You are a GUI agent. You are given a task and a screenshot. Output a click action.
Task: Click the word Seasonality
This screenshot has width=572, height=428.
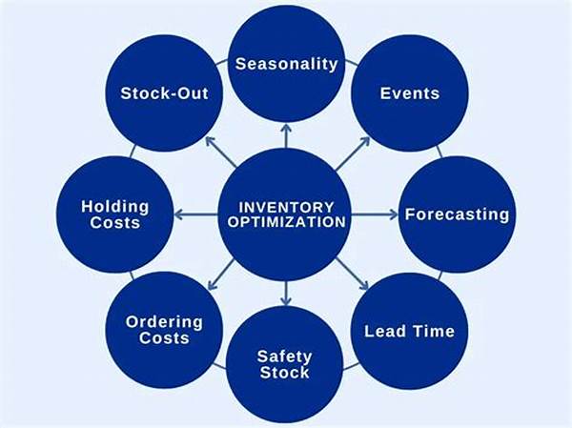tap(285, 65)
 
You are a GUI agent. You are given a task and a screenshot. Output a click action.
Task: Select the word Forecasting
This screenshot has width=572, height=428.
tap(457, 214)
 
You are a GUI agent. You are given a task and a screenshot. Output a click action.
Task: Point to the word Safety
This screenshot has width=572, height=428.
tap(284, 357)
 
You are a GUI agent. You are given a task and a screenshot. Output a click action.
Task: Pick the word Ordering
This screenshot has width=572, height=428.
tap(164, 322)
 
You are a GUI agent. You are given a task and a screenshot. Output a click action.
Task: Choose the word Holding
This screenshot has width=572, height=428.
tap(115, 206)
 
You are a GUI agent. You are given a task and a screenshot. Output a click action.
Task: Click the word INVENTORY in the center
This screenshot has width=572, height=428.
tap(286, 206)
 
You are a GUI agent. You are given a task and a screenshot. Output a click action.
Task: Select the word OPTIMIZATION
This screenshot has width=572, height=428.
tap(286, 221)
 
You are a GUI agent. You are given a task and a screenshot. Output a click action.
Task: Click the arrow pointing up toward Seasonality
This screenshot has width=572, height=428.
tap(286, 135)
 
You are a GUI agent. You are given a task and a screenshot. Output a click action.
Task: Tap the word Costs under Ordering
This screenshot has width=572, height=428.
tap(164, 338)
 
